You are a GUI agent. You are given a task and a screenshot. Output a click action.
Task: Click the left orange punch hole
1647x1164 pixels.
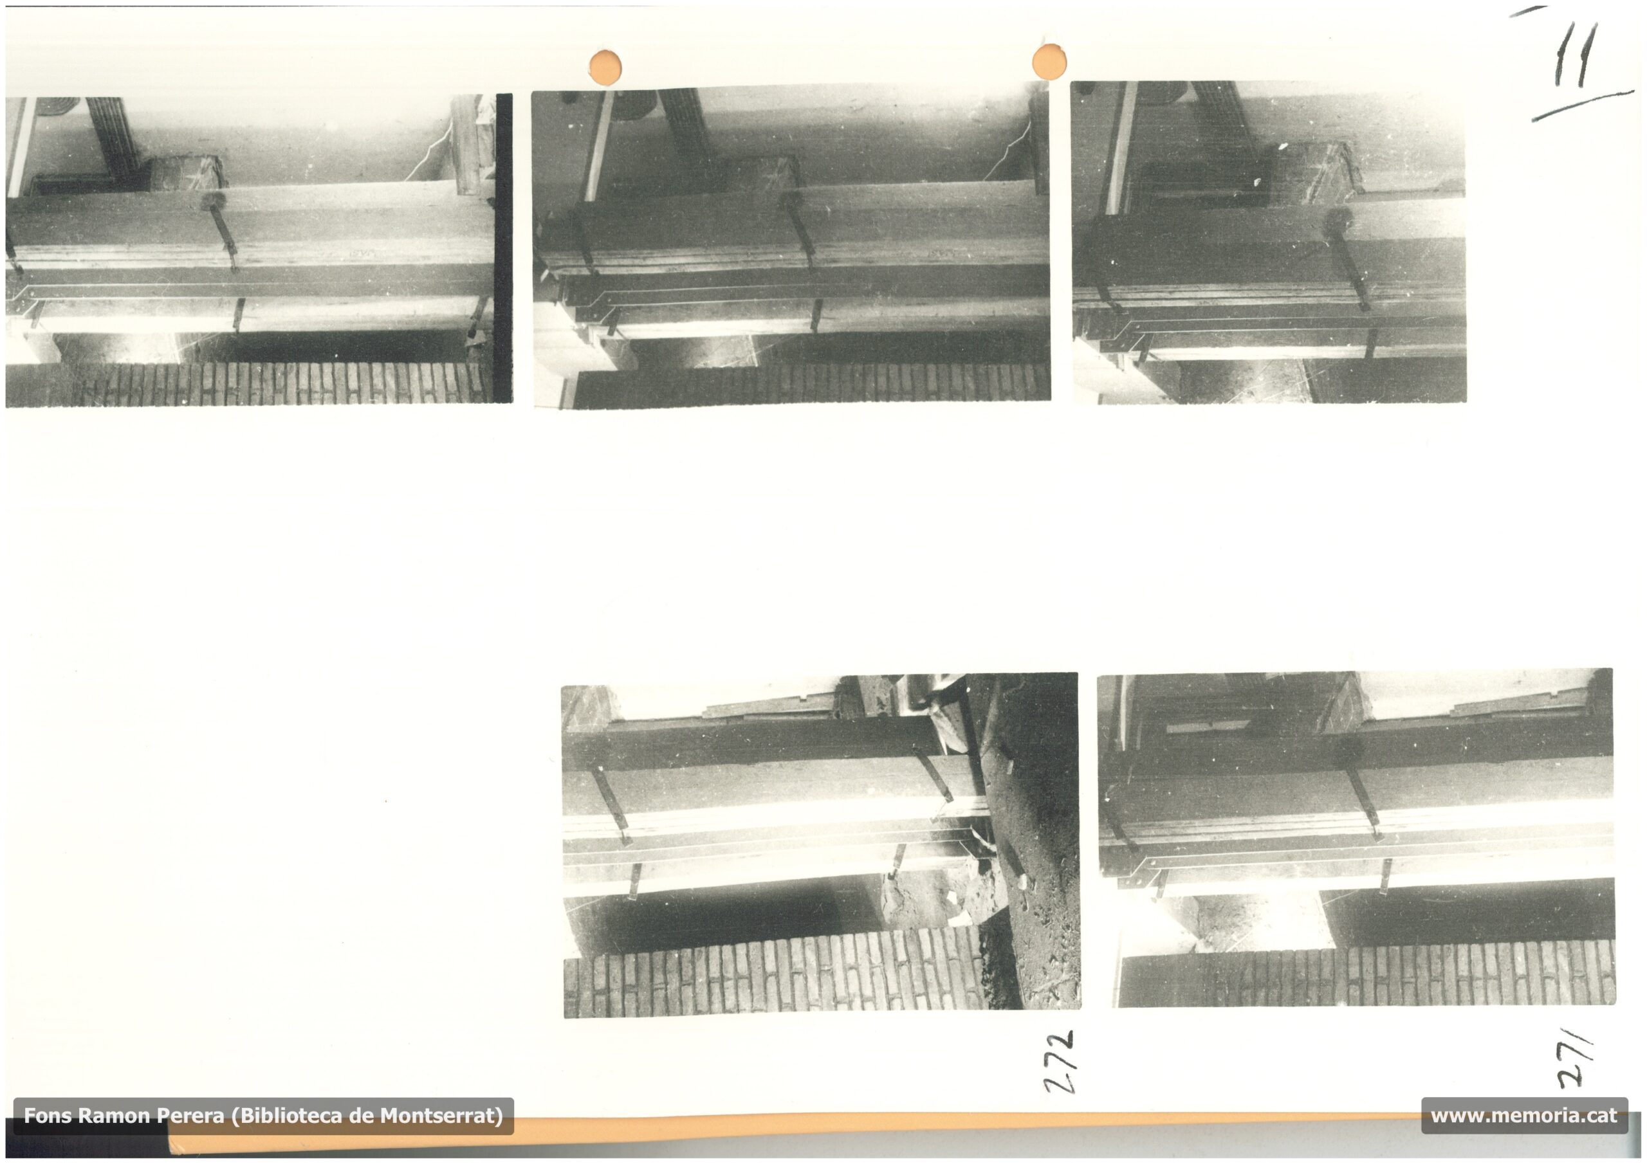click(605, 68)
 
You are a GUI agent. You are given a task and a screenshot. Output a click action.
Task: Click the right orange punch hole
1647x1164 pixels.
click(1049, 62)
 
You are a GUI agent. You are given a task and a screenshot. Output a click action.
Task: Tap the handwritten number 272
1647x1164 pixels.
click(1060, 1062)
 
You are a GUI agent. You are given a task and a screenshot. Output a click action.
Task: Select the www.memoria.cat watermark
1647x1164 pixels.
click(1524, 1116)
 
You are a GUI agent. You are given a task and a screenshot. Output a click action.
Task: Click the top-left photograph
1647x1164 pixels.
click(251, 251)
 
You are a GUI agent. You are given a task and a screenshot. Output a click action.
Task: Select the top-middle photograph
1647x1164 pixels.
click(792, 248)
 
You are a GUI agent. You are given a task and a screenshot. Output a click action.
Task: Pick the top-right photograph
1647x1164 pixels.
click(1269, 242)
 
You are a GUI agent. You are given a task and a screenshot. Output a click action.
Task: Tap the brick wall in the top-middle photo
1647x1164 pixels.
click(811, 386)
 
